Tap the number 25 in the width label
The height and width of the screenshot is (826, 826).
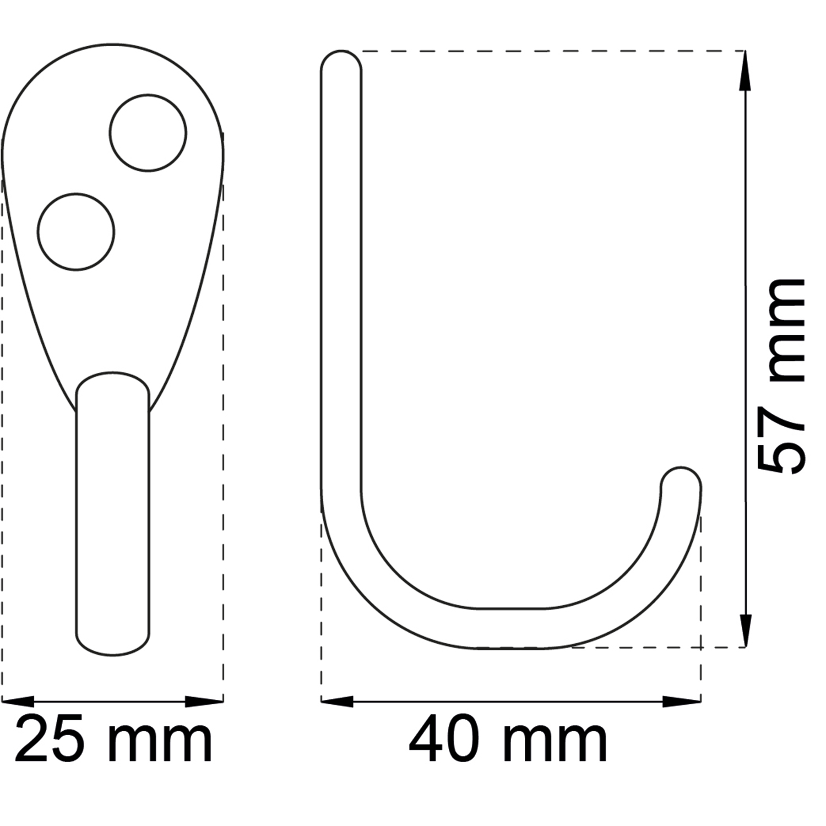50,738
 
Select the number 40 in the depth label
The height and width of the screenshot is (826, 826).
444,738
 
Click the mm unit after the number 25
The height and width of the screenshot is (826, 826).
160,744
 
